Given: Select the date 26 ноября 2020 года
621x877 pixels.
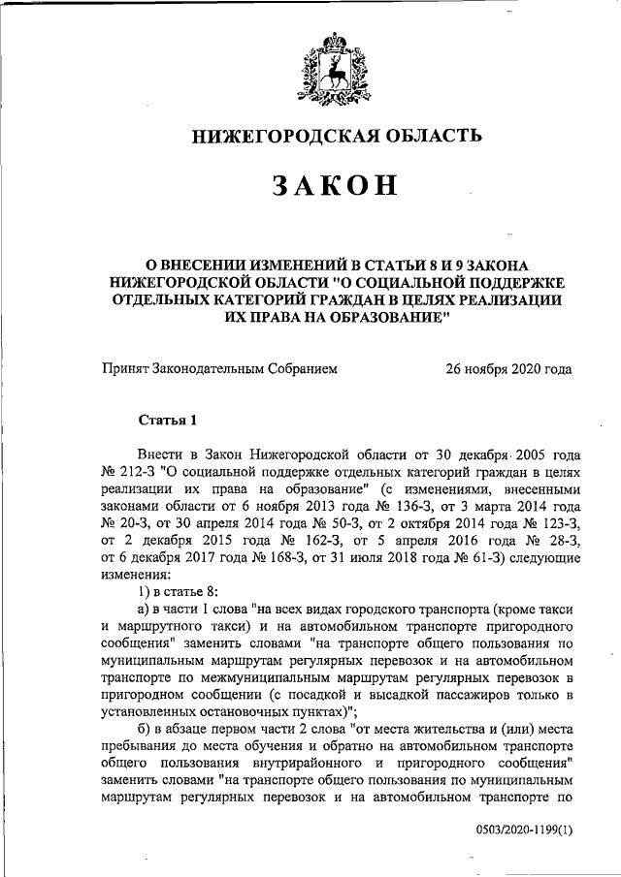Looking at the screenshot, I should point(508,368).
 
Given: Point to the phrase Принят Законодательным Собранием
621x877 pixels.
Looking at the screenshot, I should point(219,368).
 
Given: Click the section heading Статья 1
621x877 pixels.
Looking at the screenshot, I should point(168,420).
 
